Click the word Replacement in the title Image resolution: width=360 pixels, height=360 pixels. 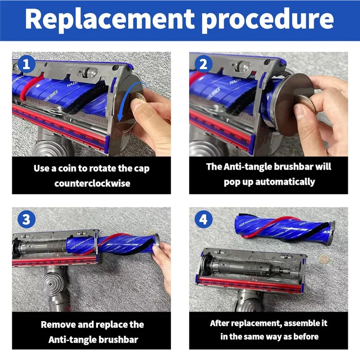coord(110,19)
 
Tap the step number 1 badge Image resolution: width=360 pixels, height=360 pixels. coord(27,64)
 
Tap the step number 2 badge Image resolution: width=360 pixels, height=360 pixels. coord(203,64)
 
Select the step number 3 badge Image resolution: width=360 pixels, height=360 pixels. coord(27,219)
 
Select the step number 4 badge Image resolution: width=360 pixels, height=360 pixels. coord(203,219)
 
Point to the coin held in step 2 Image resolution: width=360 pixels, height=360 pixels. coord(306,104)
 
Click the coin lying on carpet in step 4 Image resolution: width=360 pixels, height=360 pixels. coord(324,259)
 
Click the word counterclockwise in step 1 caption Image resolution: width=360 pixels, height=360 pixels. coord(92,184)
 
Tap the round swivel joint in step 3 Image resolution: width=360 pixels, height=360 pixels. coord(51,284)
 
